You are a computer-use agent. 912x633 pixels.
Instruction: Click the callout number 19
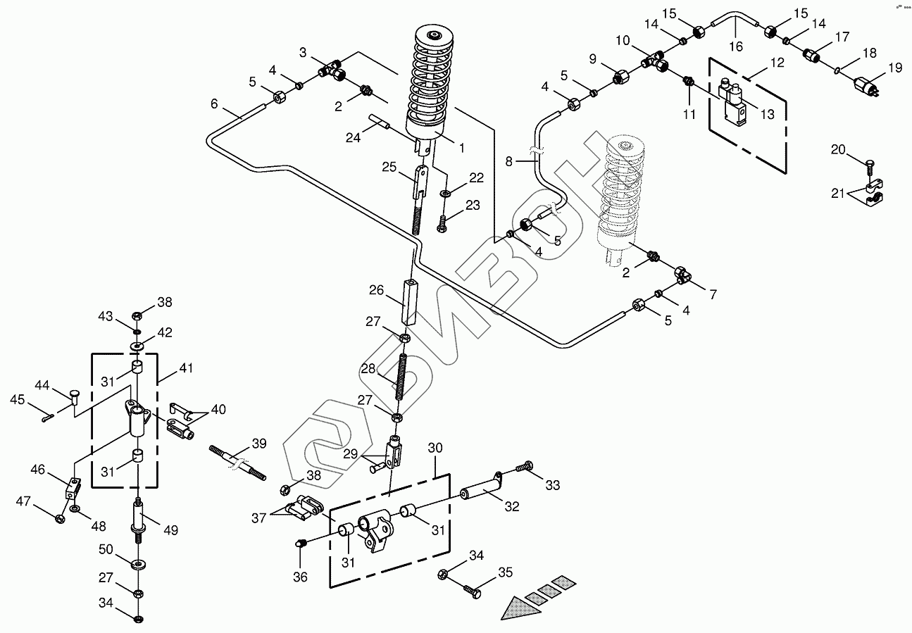(894, 68)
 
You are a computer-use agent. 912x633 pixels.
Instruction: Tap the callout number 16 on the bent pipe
(736, 47)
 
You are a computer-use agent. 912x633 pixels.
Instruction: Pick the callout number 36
(301, 577)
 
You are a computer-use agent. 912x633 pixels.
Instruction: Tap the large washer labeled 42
(137, 346)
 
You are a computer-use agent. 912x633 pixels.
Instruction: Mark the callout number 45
(17, 400)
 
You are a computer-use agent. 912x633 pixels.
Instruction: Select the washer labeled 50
(137, 564)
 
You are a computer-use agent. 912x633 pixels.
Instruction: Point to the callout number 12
(777, 63)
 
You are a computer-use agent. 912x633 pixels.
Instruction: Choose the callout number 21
(838, 194)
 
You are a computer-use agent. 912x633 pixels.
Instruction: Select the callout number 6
(214, 104)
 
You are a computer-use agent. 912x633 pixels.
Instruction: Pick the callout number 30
(436, 448)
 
